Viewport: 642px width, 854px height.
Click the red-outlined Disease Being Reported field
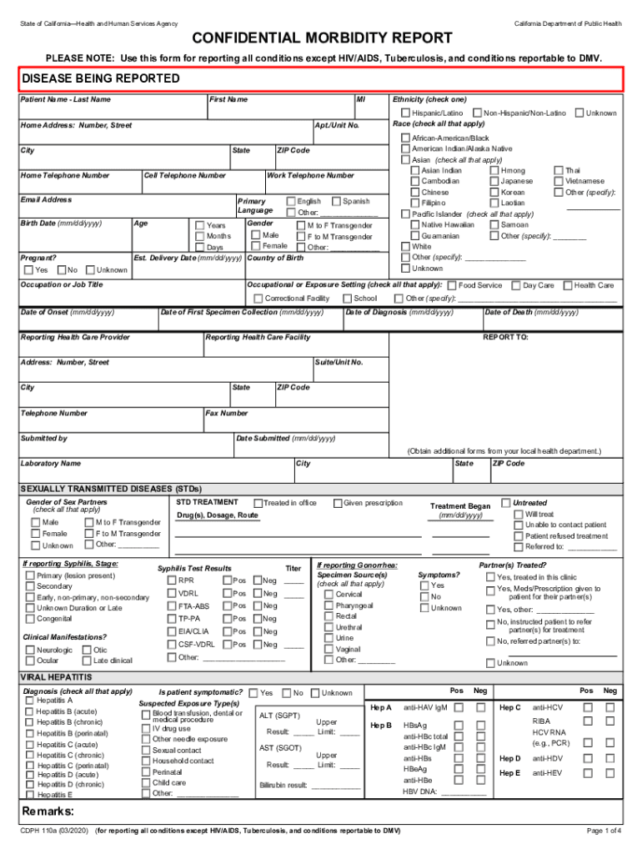click(321, 78)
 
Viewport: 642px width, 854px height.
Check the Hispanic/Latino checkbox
click(405, 113)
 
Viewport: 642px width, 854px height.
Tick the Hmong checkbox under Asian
click(494, 170)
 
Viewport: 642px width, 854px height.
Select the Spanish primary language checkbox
click(336, 201)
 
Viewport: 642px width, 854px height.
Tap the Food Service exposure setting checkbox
click(451, 285)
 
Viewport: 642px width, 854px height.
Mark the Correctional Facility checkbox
click(258, 298)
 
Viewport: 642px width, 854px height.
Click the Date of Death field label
click(531, 312)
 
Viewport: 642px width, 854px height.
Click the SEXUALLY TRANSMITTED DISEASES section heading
click(111, 488)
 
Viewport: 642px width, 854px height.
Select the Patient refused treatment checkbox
click(519, 536)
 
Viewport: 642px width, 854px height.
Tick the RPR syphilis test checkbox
click(172, 580)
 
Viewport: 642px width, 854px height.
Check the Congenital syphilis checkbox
click(30, 619)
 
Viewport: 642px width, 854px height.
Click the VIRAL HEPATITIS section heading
click(56, 677)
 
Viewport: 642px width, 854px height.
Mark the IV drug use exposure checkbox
click(145, 728)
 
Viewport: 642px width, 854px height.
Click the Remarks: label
click(48, 811)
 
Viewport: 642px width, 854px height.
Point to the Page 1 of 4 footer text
click(604, 831)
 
